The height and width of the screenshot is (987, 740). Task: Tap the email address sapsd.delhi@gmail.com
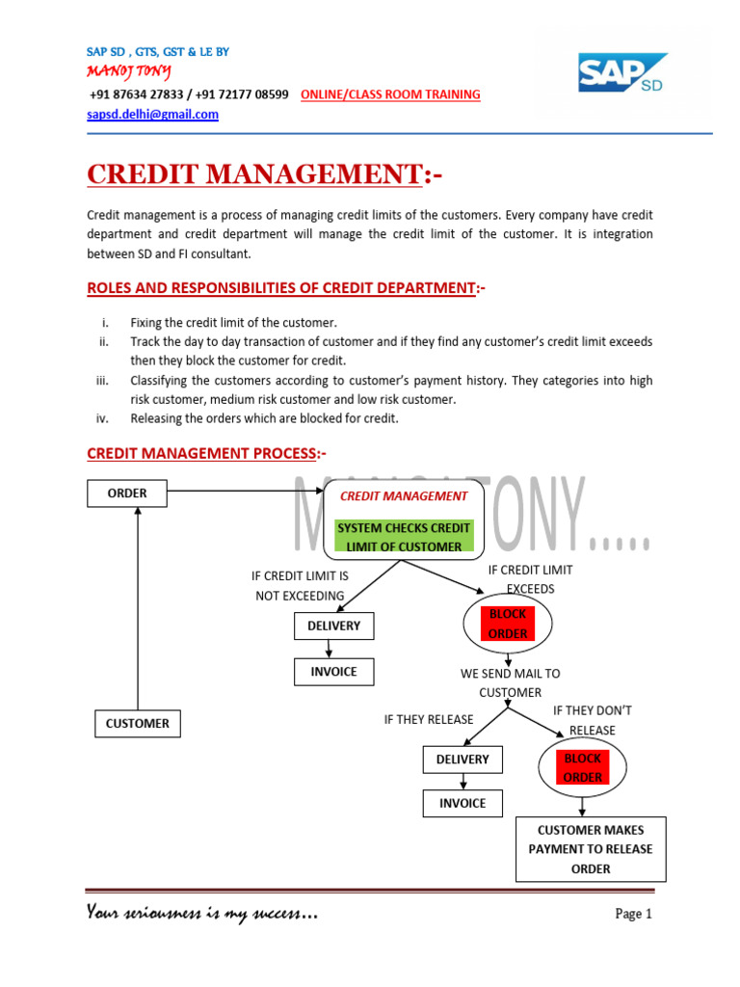pyautogui.click(x=152, y=114)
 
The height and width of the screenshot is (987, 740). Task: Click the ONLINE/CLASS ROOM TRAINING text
pyautogui.click(x=390, y=94)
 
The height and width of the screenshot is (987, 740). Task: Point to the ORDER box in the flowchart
pyautogui.click(x=127, y=493)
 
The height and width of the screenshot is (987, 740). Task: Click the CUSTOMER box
pyautogui.click(x=138, y=723)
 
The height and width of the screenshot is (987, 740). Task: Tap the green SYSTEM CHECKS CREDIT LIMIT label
pyautogui.click(x=403, y=537)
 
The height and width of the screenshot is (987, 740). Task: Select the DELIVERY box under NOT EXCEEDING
pyautogui.click(x=333, y=626)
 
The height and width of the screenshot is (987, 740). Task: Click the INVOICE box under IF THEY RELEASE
pyautogui.click(x=462, y=803)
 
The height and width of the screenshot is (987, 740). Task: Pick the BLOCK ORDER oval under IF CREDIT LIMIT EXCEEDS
pyautogui.click(x=508, y=624)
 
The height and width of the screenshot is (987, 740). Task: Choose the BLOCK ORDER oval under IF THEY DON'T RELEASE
pyautogui.click(x=583, y=767)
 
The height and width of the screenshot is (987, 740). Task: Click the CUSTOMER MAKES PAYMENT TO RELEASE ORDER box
pyautogui.click(x=591, y=849)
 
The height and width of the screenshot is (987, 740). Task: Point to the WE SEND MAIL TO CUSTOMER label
pyautogui.click(x=510, y=683)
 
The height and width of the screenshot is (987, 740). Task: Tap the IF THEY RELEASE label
pyautogui.click(x=429, y=719)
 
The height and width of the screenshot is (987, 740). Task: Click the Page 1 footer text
pyautogui.click(x=634, y=914)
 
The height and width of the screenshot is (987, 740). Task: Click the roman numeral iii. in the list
pyautogui.click(x=104, y=381)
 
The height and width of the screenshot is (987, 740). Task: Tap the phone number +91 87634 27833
pyautogui.click(x=136, y=94)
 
